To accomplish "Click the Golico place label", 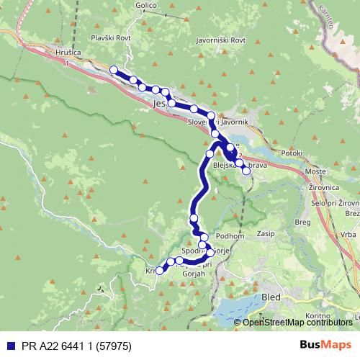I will [x=145, y=4].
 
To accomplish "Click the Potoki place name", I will [x=292, y=153].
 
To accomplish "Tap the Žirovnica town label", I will [x=323, y=186].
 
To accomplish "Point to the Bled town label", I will [x=272, y=297].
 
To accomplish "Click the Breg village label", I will [x=303, y=222].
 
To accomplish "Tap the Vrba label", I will [x=347, y=235].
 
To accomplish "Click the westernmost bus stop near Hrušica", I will [x=113, y=70].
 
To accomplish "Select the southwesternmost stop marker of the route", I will [x=160, y=269].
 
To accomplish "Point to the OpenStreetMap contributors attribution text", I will [x=298, y=322].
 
